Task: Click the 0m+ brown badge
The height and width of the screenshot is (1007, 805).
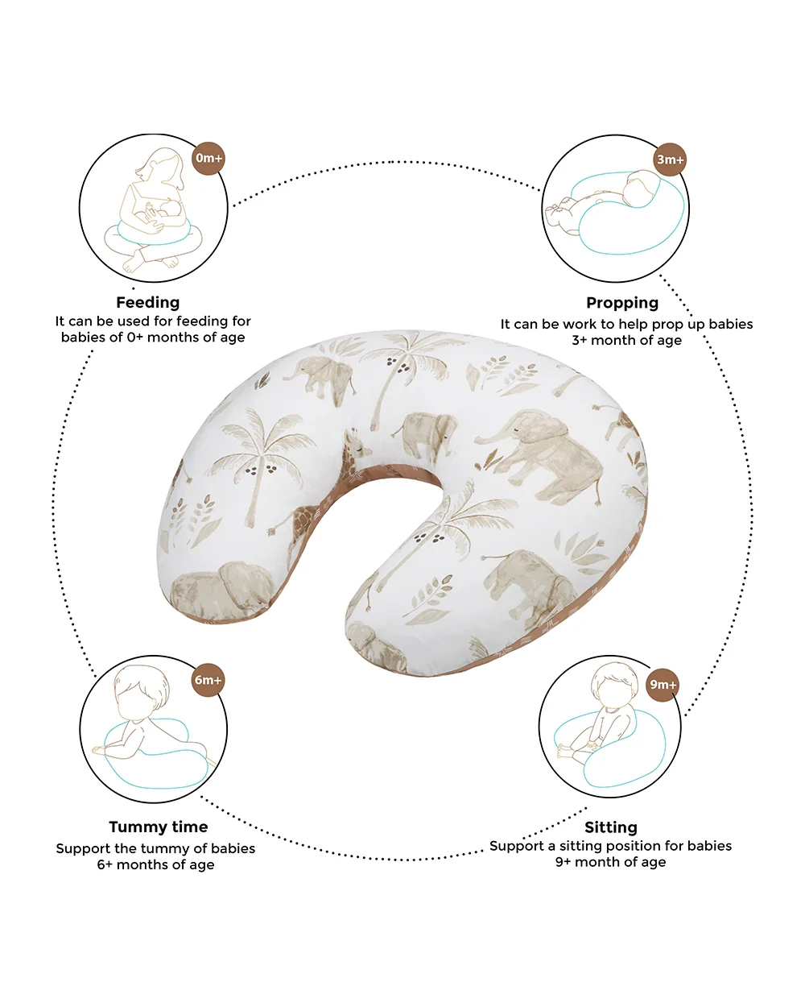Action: click(x=208, y=158)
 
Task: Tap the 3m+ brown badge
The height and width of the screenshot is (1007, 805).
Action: click(x=669, y=160)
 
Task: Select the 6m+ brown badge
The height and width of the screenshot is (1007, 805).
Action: click(x=208, y=679)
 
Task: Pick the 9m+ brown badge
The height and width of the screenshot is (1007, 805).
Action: click(x=663, y=685)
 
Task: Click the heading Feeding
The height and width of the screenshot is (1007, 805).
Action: click(x=148, y=302)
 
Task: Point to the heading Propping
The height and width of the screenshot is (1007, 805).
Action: click(x=622, y=303)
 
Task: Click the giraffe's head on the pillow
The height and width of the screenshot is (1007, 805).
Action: click(x=357, y=448)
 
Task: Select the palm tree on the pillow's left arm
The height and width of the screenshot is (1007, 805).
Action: click(x=259, y=466)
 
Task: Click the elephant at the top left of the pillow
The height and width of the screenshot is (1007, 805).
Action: click(x=320, y=379)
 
